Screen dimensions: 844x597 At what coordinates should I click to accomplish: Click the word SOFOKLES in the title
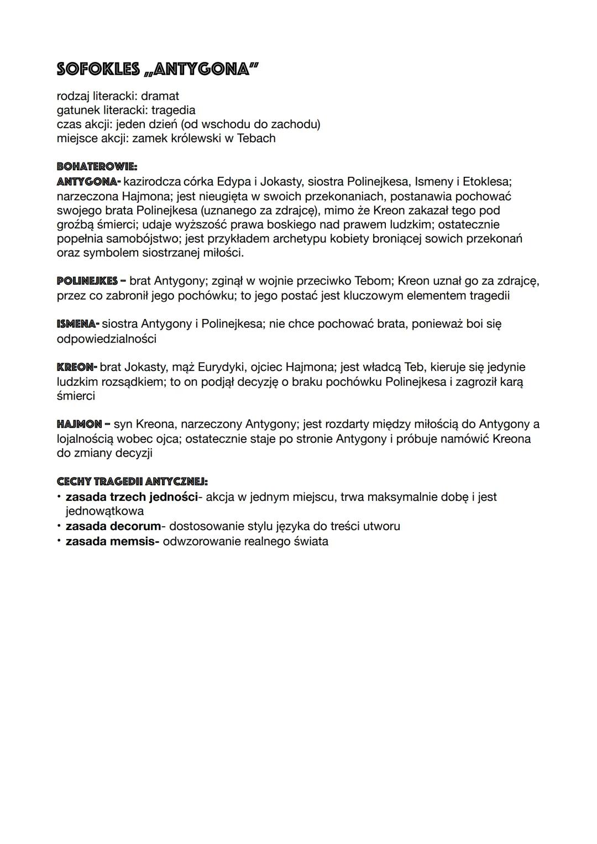(98, 70)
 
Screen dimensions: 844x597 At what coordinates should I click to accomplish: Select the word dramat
(160, 96)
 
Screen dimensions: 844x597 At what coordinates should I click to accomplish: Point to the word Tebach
(256, 138)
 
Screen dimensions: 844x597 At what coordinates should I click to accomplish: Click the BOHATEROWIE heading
(97, 166)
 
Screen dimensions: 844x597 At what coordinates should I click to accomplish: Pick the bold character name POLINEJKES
(87, 281)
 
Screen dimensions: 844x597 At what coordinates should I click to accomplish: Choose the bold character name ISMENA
(77, 323)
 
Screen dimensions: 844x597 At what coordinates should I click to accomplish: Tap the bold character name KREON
(76, 367)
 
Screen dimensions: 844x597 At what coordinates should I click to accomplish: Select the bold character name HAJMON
(79, 424)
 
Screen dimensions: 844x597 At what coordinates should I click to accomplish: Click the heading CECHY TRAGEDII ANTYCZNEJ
(132, 482)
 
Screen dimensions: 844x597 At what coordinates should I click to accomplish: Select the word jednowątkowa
(104, 511)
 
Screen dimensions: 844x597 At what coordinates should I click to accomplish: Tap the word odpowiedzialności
(106, 338)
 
